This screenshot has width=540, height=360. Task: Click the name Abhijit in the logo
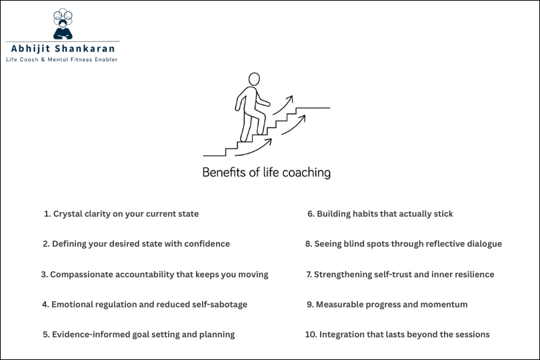(x=31, y=49)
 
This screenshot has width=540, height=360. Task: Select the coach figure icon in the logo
(x=63, y=24)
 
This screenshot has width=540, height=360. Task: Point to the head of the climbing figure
(x=254, y=79)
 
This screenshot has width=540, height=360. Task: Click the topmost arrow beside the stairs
(x=283, y=105)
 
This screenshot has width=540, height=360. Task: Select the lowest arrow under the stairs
(x=253, y=148)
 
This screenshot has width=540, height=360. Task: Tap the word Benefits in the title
(x=224, y=172)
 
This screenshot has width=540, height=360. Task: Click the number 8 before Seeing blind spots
(x=309, y=244)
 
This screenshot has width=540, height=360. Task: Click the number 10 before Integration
(x=311, y=335)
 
